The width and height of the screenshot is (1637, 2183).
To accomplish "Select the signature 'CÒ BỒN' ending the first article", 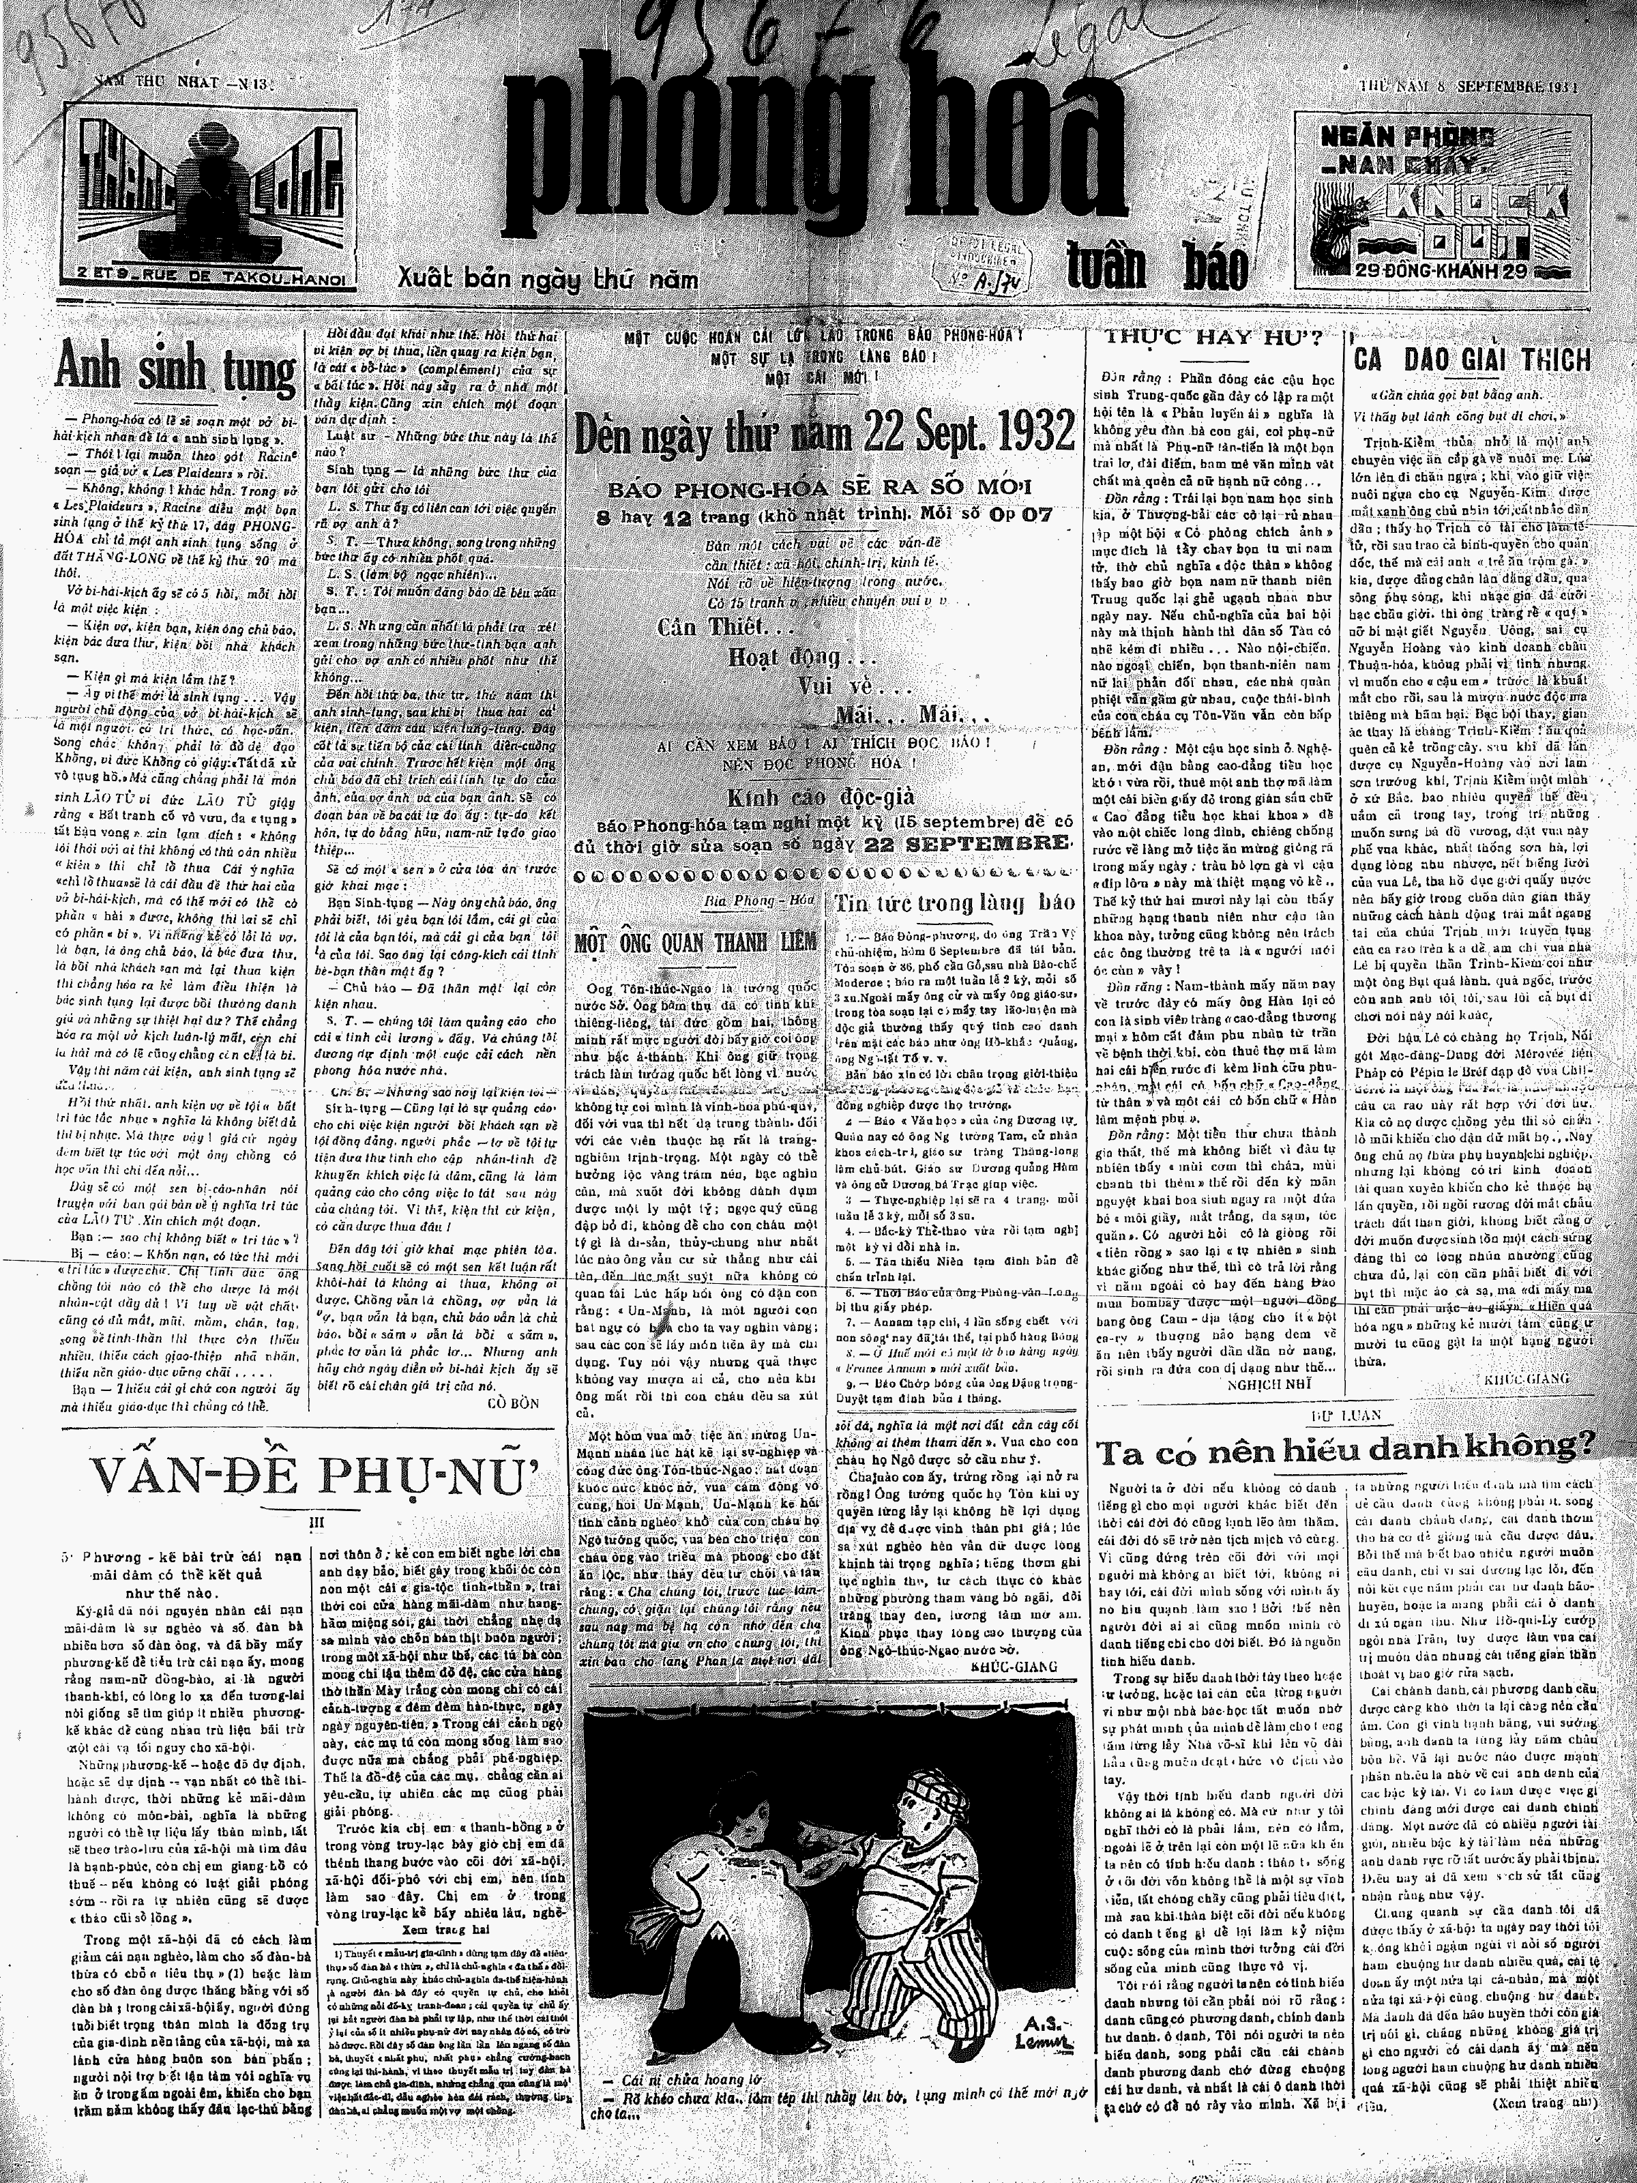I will [x=512, y=1401].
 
